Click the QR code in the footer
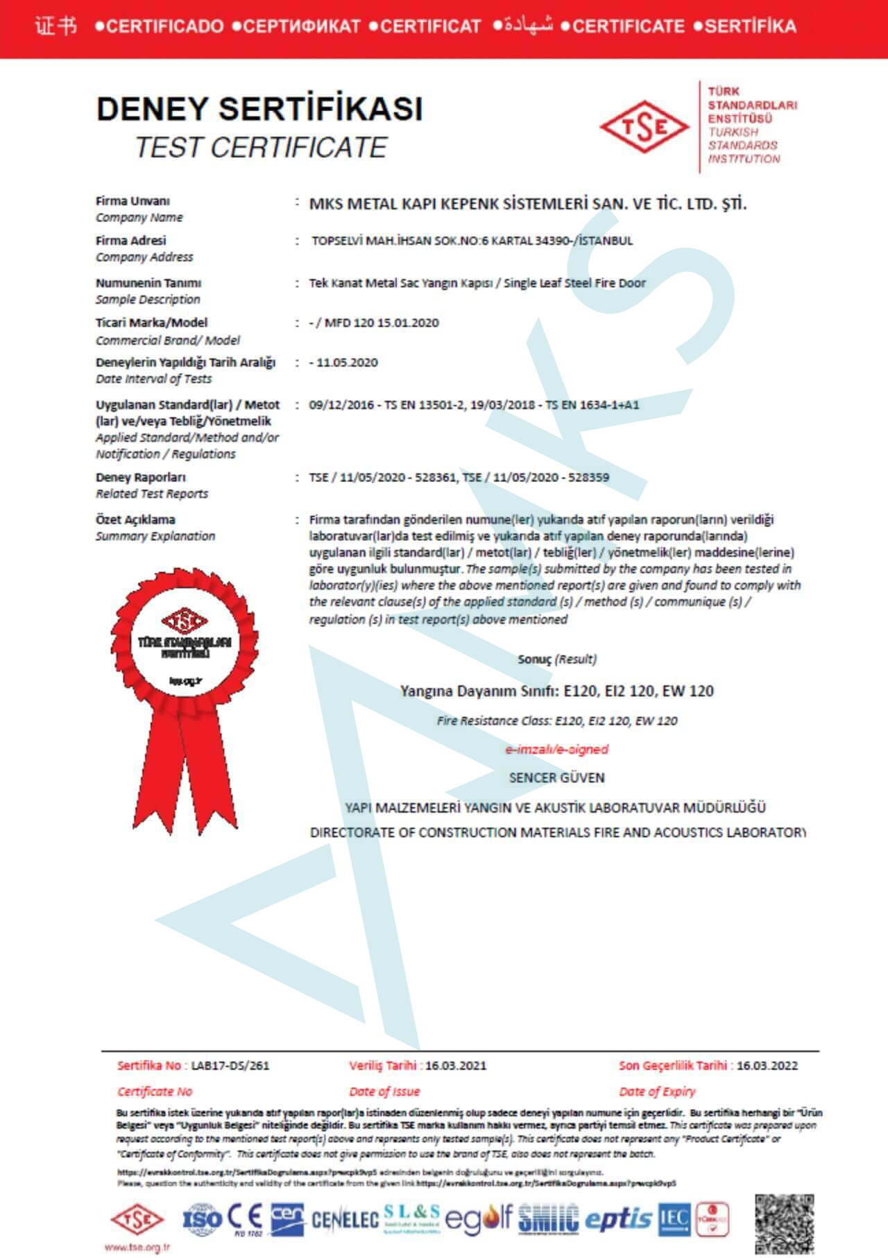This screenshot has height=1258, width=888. point(784,1223)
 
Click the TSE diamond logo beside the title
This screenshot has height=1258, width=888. point(644,127)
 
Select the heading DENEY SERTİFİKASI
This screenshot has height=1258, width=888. point(259,109)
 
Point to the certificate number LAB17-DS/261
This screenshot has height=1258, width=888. point(230,1065)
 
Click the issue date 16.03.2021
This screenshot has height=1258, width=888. point(456,1065)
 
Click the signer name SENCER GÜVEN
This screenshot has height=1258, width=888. point(556,777)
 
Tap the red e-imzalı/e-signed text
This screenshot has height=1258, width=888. point(556,749)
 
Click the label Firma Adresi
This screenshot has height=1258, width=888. point(131,241)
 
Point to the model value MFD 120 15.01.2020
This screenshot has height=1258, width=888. point(382,322)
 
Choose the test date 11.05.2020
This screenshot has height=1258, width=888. point(347,362)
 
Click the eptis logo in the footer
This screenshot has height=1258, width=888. point(618,1219)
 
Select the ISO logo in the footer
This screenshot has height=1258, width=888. point(202,1218)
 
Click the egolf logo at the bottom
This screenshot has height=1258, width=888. point(478,1218)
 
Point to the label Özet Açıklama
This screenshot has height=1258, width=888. point(135,519)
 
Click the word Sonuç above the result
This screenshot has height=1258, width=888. point(534,659)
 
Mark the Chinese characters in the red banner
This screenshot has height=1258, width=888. point(55,26)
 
